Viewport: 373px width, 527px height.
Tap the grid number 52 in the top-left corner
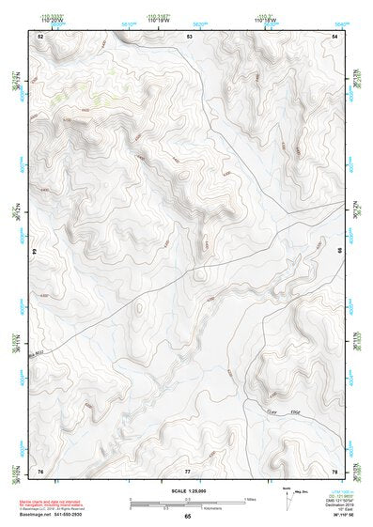click(40, 35)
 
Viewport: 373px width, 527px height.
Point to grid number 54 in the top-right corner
click(336, 35)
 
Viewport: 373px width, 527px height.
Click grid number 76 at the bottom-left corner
click(40, 470)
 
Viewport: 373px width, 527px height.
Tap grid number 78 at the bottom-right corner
click(334, 470)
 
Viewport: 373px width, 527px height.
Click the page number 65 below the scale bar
click(187, 516)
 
